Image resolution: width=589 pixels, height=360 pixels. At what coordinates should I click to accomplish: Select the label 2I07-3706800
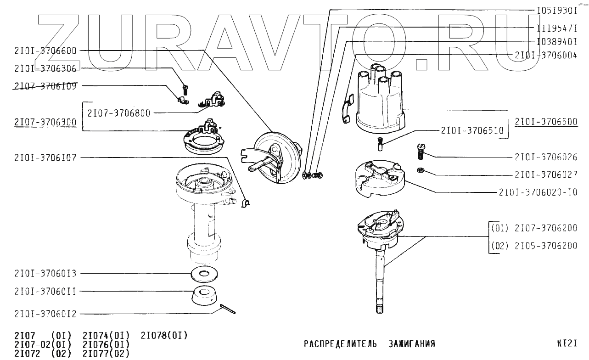118,113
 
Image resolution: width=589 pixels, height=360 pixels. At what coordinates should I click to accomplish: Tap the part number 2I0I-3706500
546,122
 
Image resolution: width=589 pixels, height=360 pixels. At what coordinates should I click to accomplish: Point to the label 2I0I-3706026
546,157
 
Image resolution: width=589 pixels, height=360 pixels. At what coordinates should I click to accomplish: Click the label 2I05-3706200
546,246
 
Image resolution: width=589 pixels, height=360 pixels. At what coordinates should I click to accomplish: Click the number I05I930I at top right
556,10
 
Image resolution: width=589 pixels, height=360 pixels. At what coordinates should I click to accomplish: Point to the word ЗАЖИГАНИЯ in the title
411,344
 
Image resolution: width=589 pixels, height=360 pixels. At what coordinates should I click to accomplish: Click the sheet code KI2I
567,343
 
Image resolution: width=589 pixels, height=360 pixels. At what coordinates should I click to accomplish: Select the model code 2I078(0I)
164,335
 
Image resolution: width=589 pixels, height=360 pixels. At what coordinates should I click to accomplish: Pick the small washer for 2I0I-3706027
421,171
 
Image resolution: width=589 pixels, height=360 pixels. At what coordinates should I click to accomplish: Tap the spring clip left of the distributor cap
348,112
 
